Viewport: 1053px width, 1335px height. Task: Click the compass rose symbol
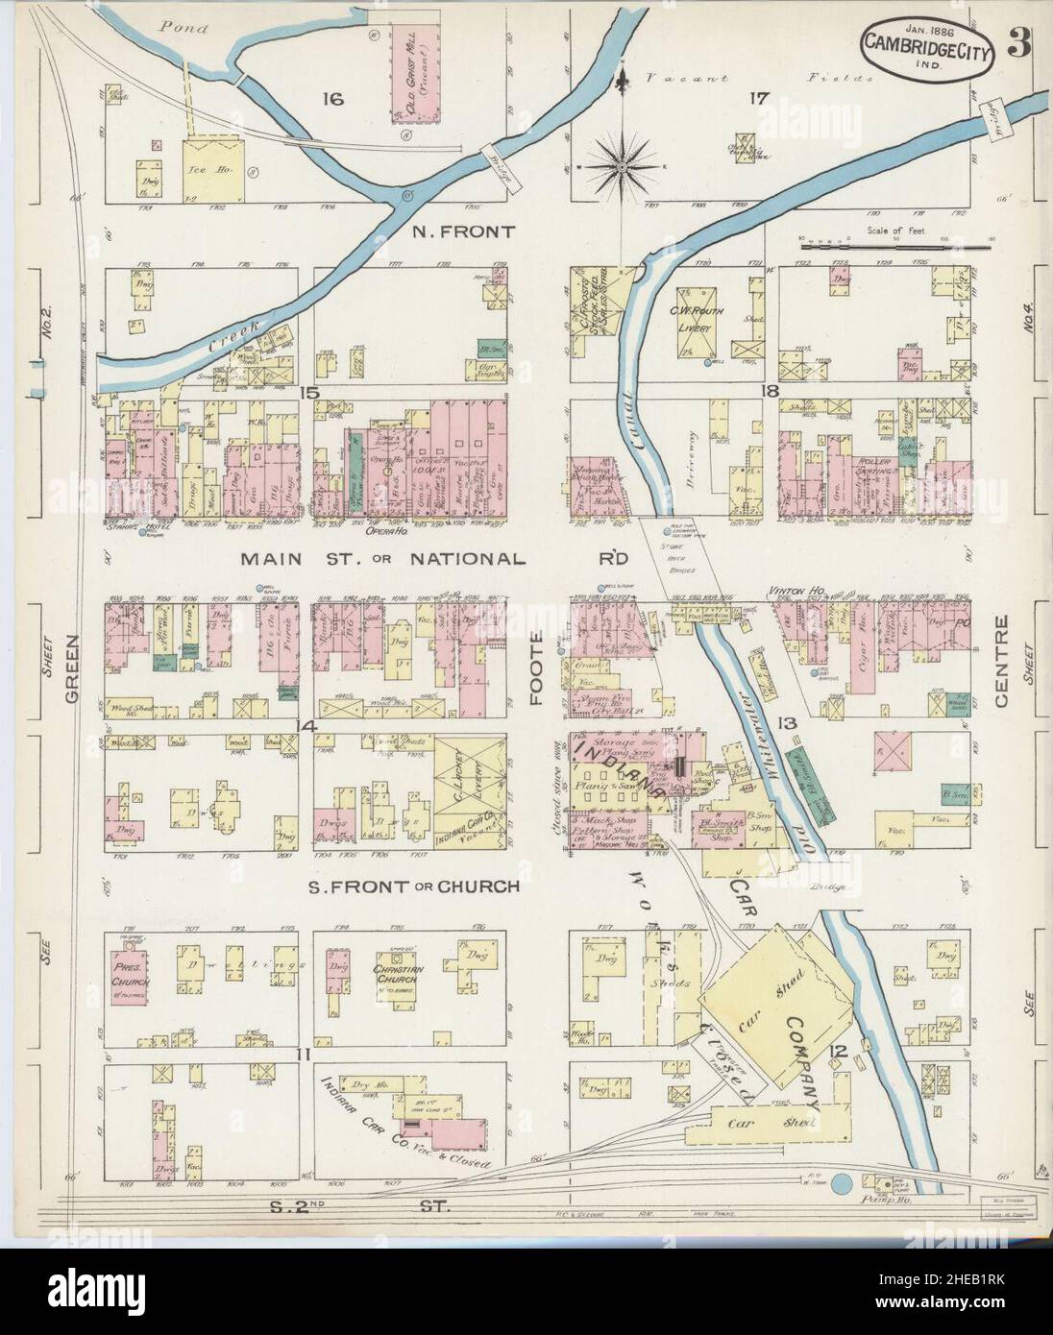tap(621, 169)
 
